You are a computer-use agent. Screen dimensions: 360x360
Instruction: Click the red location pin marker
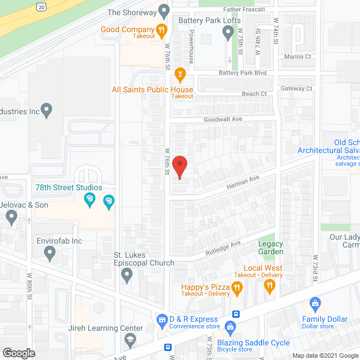[179, 166]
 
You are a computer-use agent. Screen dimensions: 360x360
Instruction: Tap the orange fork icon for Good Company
[161, 30]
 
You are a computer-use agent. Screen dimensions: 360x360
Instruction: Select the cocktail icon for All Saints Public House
[180, 73]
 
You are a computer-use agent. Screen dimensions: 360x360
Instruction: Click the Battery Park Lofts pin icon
[228, 33]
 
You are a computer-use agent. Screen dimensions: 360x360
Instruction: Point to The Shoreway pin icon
[164, 11]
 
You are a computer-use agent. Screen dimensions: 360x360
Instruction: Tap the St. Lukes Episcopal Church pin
[128, 275]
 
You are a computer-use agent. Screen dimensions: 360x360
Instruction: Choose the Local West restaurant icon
[269, 286]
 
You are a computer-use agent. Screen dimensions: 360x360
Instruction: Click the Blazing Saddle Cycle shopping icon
[229, 327]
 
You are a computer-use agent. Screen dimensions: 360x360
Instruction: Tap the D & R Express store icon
[162, 319]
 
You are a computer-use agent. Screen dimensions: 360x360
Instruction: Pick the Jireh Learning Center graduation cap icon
[130, 339]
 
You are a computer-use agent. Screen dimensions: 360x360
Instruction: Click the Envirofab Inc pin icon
[49, 254]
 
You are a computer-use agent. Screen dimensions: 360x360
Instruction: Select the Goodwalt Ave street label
[223, 119]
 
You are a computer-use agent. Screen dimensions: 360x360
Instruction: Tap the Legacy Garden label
[271, 247]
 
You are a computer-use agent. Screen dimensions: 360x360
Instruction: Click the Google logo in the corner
[18, 353]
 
